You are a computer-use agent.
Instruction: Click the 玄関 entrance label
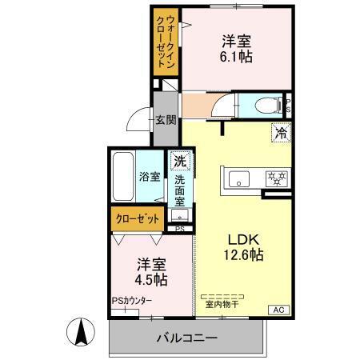coord(166,120)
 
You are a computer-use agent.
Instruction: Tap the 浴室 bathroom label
coord(148,176)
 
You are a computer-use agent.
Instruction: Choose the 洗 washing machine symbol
coord(181,161)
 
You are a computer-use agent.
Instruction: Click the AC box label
coord(279,309)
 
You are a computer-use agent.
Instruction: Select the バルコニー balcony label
coord(187,338)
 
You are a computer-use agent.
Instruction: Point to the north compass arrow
coord(81,333)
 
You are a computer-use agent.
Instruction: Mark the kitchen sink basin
coord(238,178)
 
